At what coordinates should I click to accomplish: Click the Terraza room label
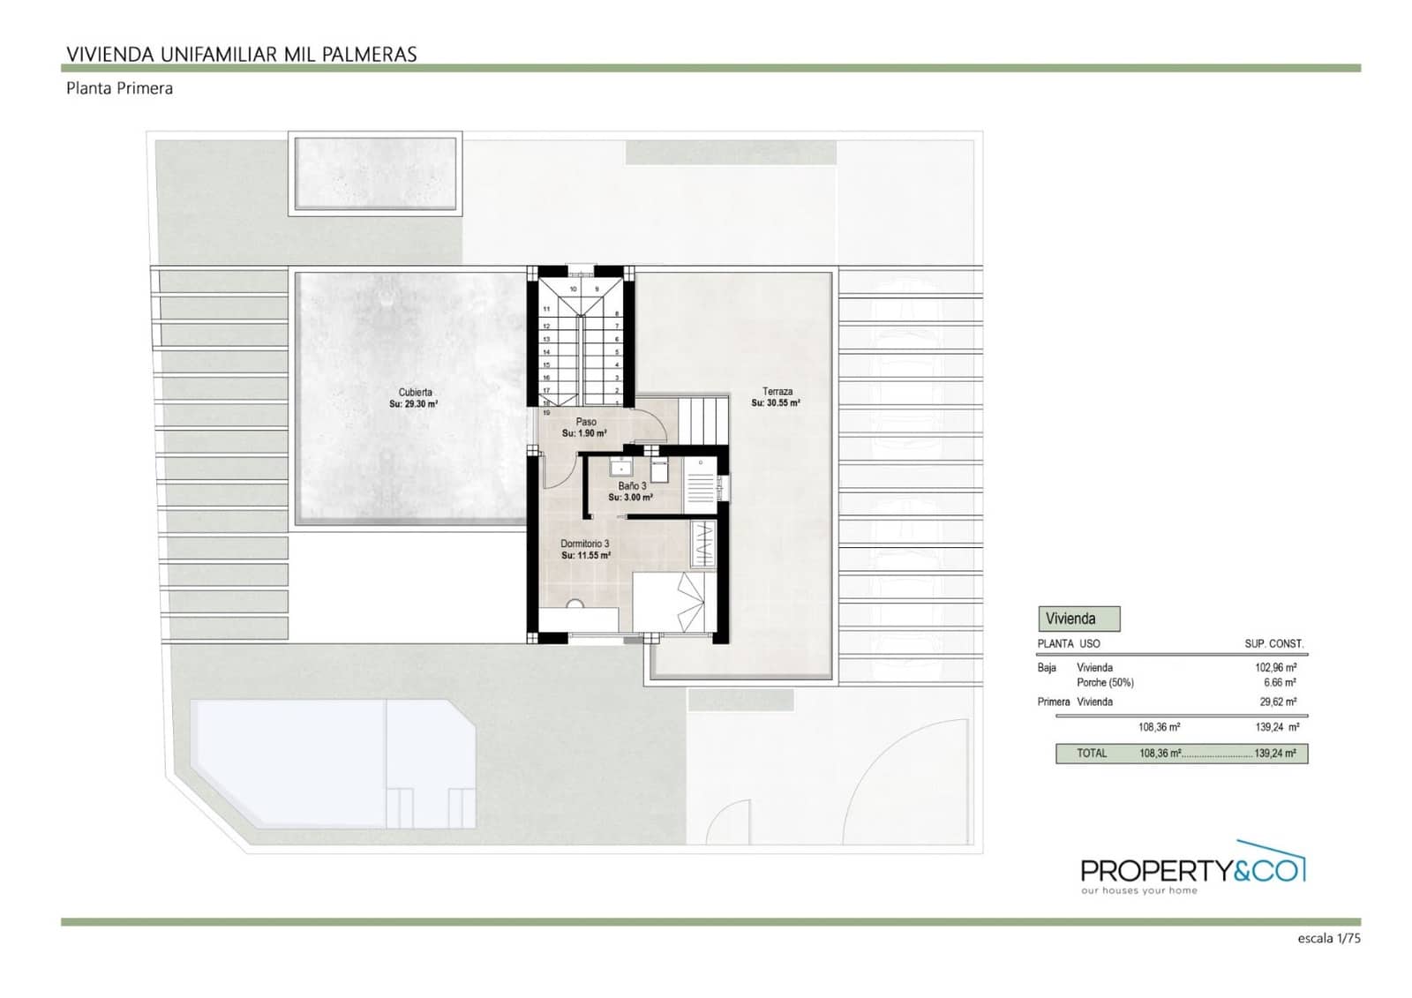tap(777, 391)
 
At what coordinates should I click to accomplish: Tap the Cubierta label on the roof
tap(415, 392)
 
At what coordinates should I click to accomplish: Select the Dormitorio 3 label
tap(584, 544)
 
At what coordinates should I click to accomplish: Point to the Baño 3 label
tap(632, 486)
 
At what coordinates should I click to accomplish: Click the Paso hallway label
tap(586, 422)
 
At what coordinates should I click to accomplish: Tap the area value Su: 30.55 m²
tap(776, 403)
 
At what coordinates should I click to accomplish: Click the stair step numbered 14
tap(546, 352)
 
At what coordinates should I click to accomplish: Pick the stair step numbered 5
tap(617, 352)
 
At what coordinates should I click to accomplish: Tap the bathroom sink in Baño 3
tap(622, 466)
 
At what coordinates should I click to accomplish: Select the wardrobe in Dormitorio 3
tap(702, 544)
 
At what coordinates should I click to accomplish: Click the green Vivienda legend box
tap(1078, 619)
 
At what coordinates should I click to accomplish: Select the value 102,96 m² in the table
tap(1275, 668)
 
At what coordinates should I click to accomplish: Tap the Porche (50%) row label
tap(1105, 683)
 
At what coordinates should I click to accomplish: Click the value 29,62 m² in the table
tap(1277, 702)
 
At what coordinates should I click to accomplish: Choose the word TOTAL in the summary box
tap(1092, 754)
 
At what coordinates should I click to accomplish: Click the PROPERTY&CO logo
tap(1191, 869)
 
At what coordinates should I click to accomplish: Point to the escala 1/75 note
tap(1328, 939)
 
